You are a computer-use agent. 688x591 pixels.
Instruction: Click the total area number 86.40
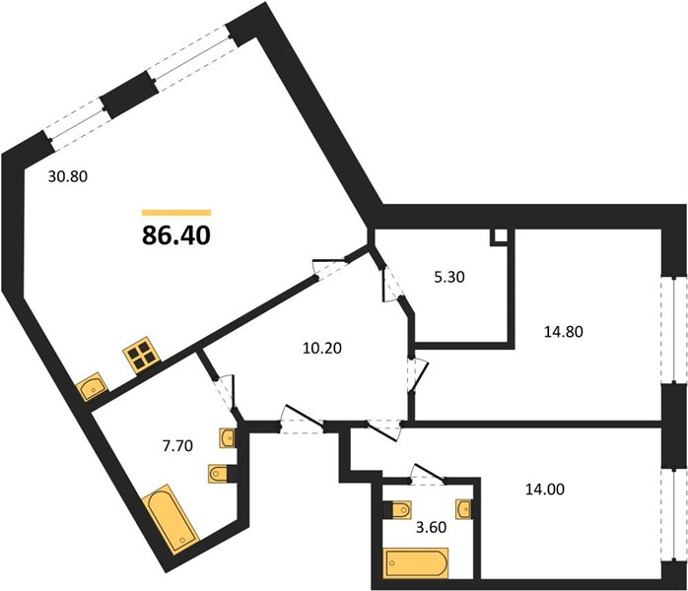click(x=176, y=235)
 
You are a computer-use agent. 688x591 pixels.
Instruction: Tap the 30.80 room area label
click(x=68, y=176)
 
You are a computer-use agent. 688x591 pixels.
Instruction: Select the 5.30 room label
click(x=449, y=277)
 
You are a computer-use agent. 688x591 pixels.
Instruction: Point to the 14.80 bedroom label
click(x=564, y=331)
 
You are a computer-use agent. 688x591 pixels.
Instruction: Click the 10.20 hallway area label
click(x=322, y=348)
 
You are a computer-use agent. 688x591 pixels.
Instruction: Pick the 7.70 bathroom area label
click(x=177, y=446)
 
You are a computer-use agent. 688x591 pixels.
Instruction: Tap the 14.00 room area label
click(x=545, y=489)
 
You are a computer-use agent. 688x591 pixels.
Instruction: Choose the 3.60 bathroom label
click(x=431, y=527)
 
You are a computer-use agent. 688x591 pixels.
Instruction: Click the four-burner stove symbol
click(x=142, y=356)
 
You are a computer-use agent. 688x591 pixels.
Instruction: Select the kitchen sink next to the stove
click(x=92, y=386)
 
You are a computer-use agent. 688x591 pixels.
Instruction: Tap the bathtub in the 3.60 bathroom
click(x=416, y=563)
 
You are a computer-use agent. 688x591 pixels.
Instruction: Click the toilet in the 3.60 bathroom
click(x=397, y=510)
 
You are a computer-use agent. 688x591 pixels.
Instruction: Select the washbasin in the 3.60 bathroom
click(x=464, y=509)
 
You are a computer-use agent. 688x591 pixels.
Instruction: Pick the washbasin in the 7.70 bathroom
click(x=228, y=437)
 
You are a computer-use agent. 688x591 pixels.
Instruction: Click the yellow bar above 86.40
click(x=176, y=213)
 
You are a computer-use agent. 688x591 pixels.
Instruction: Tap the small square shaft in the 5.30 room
click(x=500, y=236)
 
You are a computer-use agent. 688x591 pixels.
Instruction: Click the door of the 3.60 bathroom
click(x=428, y=474)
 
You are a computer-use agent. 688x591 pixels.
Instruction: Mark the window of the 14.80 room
click(x=674, y=330)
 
